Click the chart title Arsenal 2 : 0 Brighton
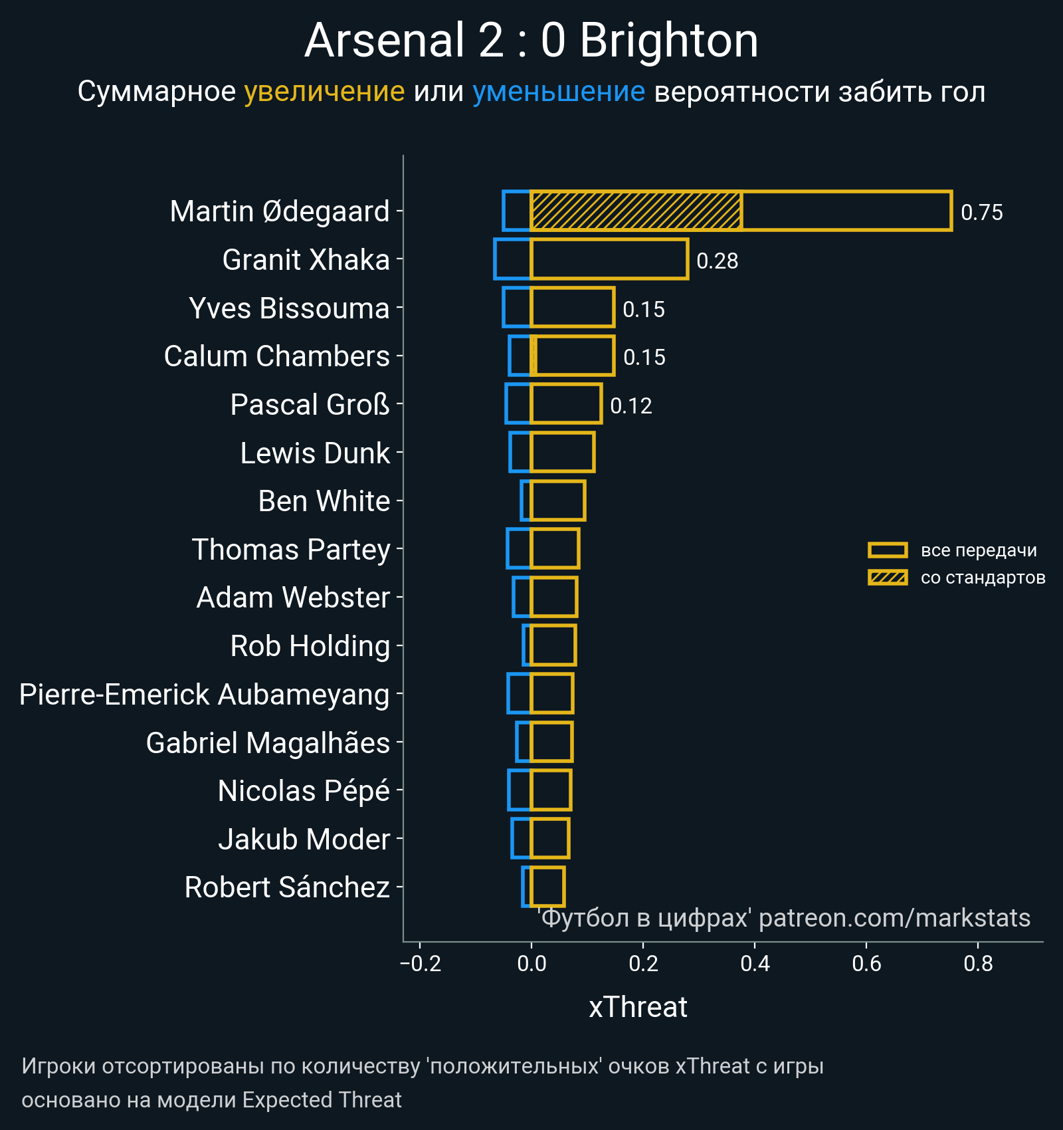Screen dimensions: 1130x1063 [531, 41]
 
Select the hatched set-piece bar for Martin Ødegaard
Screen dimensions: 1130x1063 [636, 211]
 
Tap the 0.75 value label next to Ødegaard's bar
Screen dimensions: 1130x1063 [981, 213]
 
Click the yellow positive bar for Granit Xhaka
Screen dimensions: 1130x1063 [609, 259]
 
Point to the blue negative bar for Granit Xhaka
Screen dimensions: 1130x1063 [513, 259]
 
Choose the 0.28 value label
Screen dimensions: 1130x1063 [717, 261]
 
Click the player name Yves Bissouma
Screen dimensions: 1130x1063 [289, 308]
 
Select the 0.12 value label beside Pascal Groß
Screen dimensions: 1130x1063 [630, 406]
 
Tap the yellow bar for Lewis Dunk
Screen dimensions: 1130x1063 [563, 453]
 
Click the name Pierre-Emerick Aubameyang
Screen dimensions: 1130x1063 [204, 695]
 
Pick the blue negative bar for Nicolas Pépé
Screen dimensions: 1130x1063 [520, 790]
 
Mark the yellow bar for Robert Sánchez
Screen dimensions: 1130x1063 [547, 887]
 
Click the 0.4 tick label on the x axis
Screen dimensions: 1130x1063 [755, 964]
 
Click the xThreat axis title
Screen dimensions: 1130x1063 [638, 1008]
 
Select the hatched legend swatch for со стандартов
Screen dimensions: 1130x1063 [887, 578]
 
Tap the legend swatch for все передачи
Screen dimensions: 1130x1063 [887, 550]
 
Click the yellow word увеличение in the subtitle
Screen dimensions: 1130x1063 [324, 92]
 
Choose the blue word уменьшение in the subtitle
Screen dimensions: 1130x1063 [558, 92]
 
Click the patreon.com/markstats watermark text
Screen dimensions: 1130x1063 [894, 918]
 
